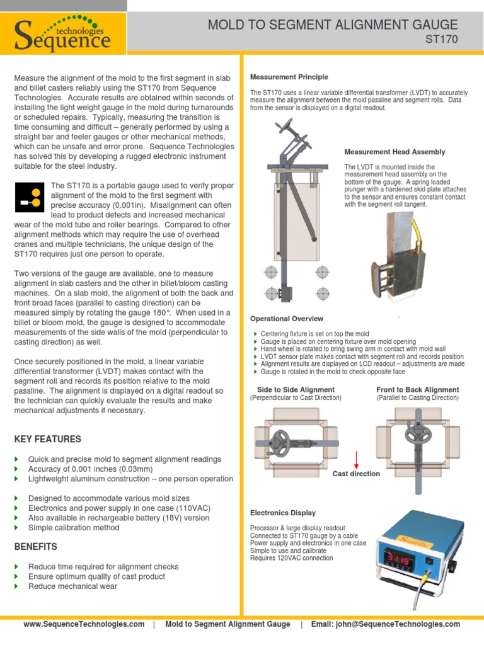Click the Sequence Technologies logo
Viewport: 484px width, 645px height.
(63, 34)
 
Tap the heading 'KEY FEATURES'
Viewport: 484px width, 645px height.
(48, 439)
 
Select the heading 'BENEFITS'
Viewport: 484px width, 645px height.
(36, 547)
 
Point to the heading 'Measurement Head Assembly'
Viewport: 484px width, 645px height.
(395, 152)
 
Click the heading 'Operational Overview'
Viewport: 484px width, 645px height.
(286, 319)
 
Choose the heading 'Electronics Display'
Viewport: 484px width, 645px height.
(283, 513)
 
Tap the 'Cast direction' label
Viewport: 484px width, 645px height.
(356, 474)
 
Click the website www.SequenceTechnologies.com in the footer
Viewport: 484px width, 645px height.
(84, 624)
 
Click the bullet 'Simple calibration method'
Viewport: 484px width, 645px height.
(74, 528)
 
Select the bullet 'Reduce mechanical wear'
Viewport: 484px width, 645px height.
(72, 586)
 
